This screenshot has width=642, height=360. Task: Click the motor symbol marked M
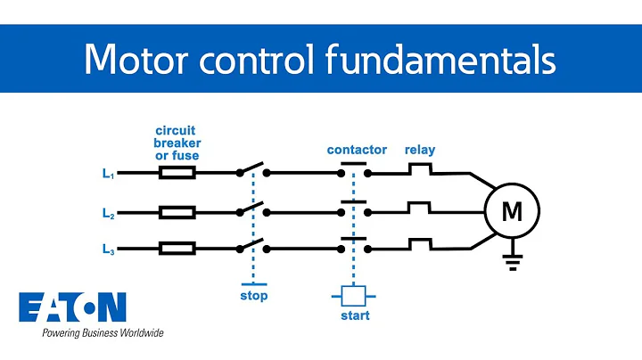pyautogui.click(x=512, y=212)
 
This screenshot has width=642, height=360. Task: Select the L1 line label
pyautogui.click(x=108, y=176)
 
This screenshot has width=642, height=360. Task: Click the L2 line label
pyautogui.click(x=108, y=215)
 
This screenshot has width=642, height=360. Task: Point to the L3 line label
pyautogui.click(x=108, y=252)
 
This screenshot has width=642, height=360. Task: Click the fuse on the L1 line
pyautogui.click(x=177, y=173)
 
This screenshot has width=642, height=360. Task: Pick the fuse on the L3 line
pyautogui.click(x=177, y=249)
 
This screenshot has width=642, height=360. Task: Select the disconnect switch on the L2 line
pyautogui.click(x=253, y=209)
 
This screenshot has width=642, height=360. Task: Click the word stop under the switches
pyautogui.click(x=253, y=296)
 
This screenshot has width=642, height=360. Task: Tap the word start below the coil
pyautogui.click(x=354, y=315)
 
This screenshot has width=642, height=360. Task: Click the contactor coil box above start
pyautogui.click(x=354, y=295)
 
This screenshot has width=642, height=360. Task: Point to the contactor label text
pyautogui.click(x=356, y=150)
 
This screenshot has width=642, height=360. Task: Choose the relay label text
pyautogui.click(x=420, y=150)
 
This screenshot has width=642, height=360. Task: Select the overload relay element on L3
pyautogui.click(x=420, y=244)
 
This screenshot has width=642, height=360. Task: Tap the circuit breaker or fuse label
pyautogui.click(x=177, y=143)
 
